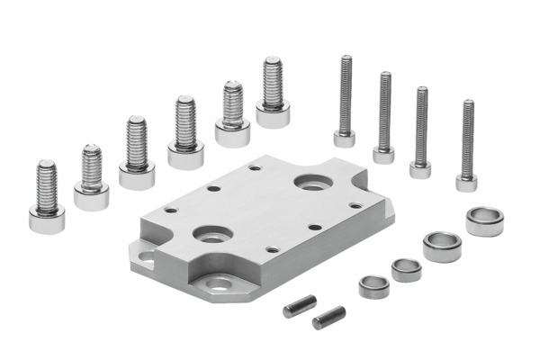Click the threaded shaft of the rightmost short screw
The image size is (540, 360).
(x=273, y=81)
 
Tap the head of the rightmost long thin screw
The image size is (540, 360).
(x=466, y=183)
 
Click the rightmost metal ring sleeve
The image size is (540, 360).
(x=484, y=220)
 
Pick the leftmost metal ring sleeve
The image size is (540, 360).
(x=373, y=287)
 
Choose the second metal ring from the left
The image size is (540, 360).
(x=406, y=269)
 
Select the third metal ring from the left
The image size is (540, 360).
(x=442, y=245)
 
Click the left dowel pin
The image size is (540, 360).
(x=293, y=307)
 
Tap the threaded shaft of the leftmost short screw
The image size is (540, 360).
(x=47, y=184)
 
